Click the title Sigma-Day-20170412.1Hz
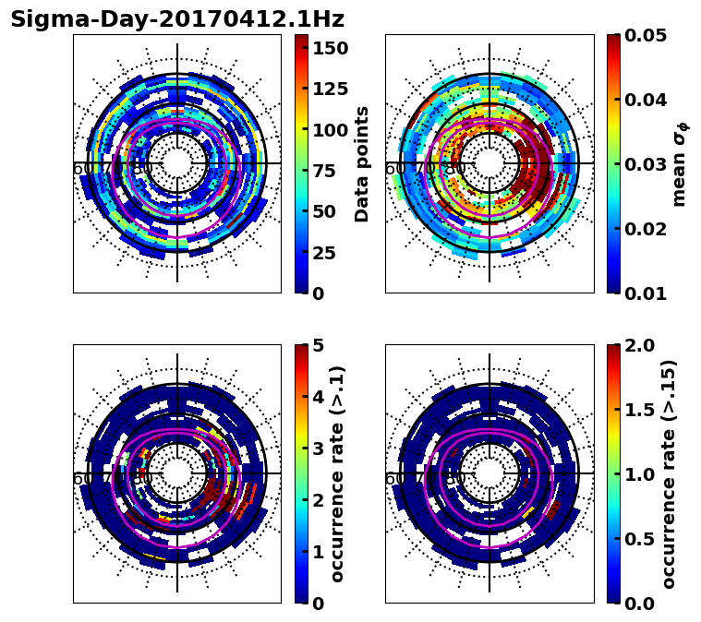[x=176, y=18]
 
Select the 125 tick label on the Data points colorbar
[x=330, y=89]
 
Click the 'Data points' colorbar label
[x=362, y=164]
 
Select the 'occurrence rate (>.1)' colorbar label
[x=337, y=474]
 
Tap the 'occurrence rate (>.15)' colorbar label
[x=669, y=474]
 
